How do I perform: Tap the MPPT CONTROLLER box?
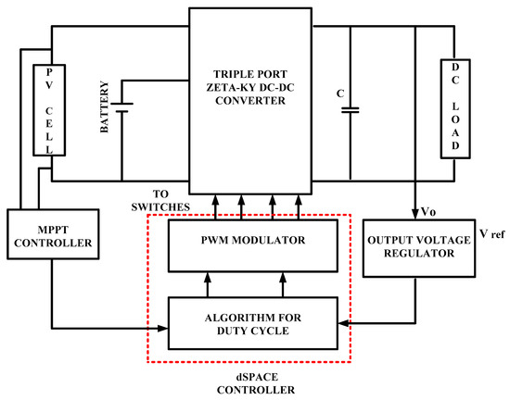[48, 242]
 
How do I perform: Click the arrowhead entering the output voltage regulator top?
[414, 215]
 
